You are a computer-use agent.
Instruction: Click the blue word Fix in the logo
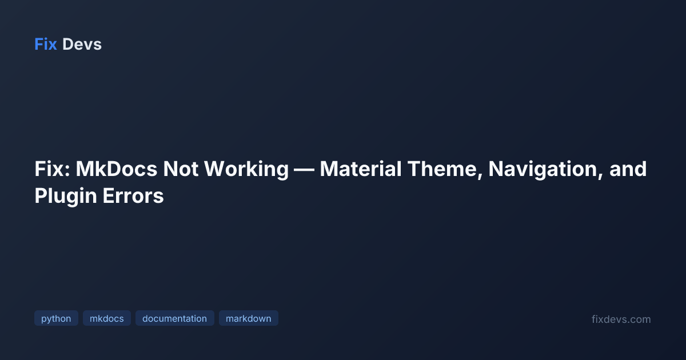point(46,45)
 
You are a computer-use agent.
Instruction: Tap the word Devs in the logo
point(82,45)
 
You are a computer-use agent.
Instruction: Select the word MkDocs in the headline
point(117,169)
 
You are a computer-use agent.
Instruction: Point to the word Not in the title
point(181,169)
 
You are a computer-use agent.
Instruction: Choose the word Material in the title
point(361,169)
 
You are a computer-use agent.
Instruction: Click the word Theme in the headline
point(442,169)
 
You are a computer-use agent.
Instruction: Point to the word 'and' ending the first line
point(628,169)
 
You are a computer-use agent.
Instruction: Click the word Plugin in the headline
point(66,197)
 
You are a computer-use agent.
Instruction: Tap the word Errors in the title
point(133,196)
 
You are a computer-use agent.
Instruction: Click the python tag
point(56,318)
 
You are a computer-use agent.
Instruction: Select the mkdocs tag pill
point(106,318)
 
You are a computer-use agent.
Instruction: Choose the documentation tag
point(174,318)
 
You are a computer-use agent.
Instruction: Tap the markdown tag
point(248,318)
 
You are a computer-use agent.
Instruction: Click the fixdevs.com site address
point(621,319)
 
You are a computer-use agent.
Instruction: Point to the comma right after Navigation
point(601,176)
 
